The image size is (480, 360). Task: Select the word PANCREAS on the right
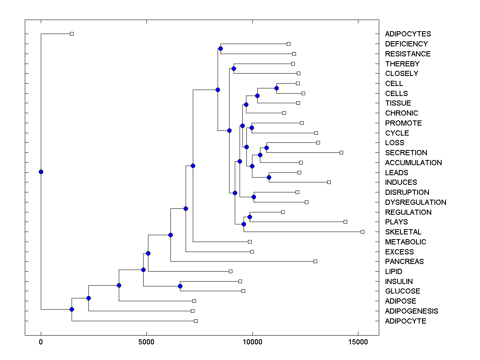404,262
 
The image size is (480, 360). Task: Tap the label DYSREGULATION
416,202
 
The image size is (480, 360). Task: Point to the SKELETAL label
403,232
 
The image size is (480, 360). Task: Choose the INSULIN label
399,282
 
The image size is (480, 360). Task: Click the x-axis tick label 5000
146,342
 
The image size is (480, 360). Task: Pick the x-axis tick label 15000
358,342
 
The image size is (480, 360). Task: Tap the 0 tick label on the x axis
41,342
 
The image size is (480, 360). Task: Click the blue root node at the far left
41,172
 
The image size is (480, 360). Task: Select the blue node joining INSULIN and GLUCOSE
180,286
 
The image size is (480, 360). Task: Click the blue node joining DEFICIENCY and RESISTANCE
220,48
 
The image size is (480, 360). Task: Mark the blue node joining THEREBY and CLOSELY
234,69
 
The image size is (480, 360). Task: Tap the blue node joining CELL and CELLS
276,88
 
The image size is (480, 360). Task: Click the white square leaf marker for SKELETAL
362,232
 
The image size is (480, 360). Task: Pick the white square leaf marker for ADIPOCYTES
72,34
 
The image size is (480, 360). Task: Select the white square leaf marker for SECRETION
341,152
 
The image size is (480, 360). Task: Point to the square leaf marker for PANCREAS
315,261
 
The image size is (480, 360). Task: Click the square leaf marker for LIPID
230,271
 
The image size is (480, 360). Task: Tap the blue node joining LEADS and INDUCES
269,177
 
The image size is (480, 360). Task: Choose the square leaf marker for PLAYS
345,222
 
